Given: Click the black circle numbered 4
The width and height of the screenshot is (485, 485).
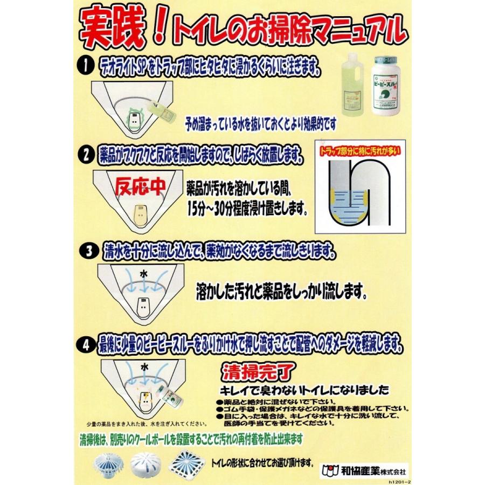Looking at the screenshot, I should click(x=87, y=343).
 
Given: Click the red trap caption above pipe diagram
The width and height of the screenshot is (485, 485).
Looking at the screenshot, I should click(x=359, y=148).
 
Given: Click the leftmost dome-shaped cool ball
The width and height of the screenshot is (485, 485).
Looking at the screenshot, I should click(x=107, y=462).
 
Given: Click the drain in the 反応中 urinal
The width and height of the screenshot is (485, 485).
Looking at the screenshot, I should click(x=141, y=214).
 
